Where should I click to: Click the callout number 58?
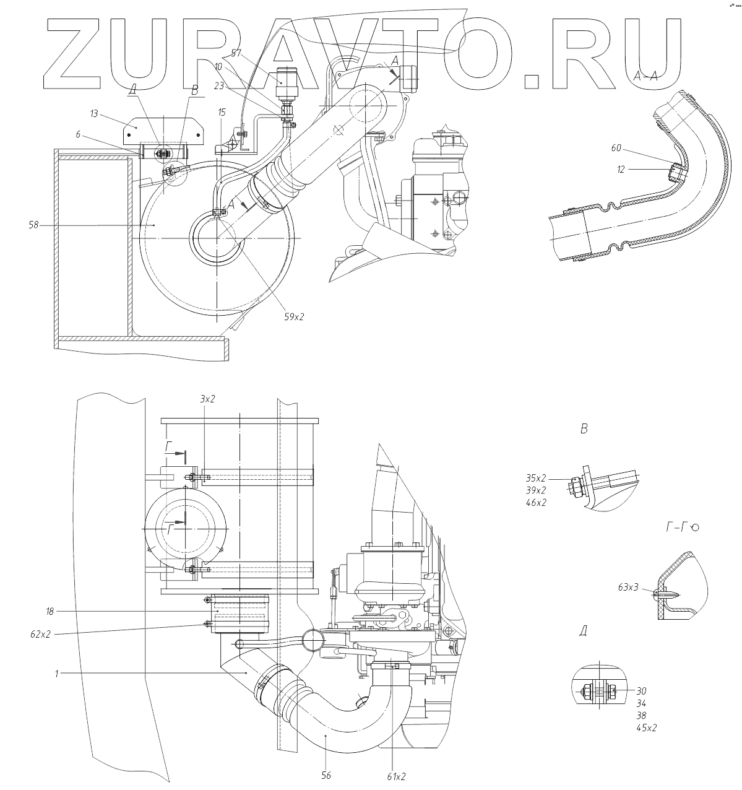point(33,225)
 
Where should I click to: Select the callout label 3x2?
point(207,399)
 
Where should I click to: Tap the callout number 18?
point(50,611)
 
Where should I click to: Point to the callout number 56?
point(326,775)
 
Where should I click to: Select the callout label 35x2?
point(535,478)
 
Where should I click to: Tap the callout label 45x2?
point(646,728)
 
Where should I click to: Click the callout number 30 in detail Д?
point(641,691)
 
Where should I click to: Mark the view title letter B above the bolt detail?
point(584,428)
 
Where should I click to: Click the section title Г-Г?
point(676,527)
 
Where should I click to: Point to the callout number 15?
point(222,113)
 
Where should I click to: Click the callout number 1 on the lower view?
point(56,672)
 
